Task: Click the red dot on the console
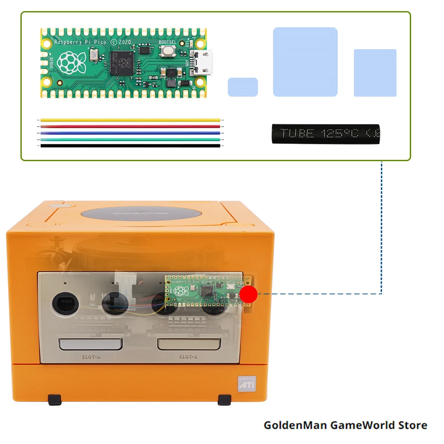[249, 293]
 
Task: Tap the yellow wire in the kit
[130, 120]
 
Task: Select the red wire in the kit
[130, 126]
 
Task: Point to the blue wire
[130, 132]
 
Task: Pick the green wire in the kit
[130, 139]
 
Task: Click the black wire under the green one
[130, 145]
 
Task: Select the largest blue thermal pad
[305, 62]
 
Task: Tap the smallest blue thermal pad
[243, 87]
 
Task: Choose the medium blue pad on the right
[375, 73]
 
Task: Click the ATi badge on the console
[246, 384]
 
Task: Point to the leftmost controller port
[66, 304]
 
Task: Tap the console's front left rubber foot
[54, 400]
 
